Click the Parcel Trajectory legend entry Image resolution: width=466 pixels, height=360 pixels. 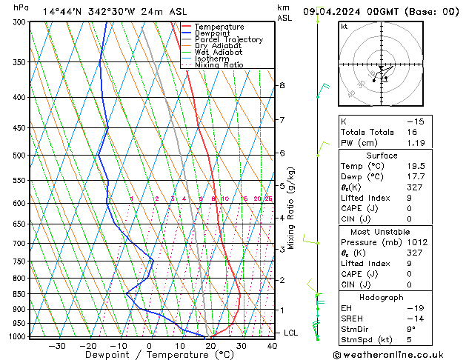[x=228, y=40]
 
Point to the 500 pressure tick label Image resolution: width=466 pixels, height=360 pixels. [x=21, y=156]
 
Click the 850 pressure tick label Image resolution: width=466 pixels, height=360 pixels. [x=21, y=294]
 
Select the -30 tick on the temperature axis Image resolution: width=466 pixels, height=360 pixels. [x=56, y=346]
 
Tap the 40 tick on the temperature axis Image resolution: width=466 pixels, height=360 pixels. [x=272, y=346]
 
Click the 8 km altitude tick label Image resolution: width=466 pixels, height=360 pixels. [x=282, y=86]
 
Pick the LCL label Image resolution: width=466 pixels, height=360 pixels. [x=290, y=333]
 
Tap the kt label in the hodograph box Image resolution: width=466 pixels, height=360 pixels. [x=344, y=27]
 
